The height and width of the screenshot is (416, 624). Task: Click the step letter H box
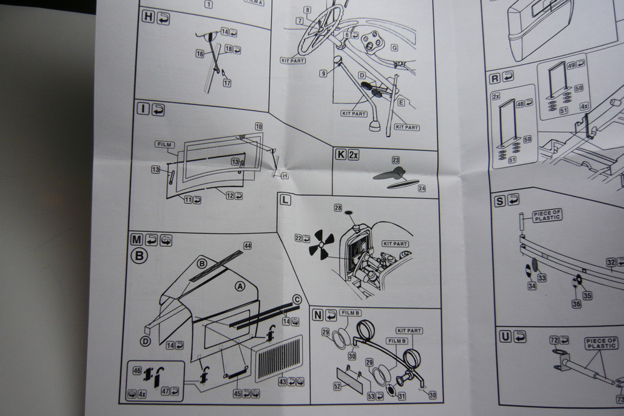(x=148, y=17)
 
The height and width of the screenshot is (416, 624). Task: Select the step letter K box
(x=341, y=154)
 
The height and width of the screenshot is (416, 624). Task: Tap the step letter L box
(x=285, y=200)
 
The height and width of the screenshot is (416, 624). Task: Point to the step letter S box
(x=499, y=201)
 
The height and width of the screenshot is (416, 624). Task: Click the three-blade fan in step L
(x=321, y=243)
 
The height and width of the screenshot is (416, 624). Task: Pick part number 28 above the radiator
(x=338, y=208)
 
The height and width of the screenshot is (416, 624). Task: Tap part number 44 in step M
(x=247, y=246)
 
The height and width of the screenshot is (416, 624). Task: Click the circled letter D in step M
(x=145, y=341)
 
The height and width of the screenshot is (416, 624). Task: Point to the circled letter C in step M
(x=297, y=300)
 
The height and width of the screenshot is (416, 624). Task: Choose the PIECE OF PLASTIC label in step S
(x=547, y=215)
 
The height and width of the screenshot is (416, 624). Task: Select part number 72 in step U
(x=553, y=340)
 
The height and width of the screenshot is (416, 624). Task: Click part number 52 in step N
(x=338, y=386)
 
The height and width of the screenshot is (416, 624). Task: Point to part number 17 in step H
(x=227, y=83)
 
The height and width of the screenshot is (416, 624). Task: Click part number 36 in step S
(x=576, y=304)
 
